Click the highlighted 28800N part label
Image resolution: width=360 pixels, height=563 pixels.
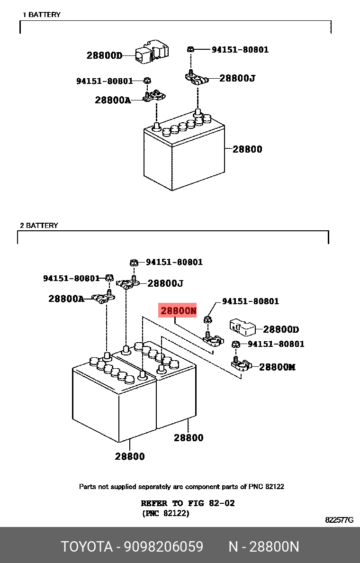click(x=178, y=310)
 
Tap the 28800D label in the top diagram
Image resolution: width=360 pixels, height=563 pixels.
click(x=104, y=55)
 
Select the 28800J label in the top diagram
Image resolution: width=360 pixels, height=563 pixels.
click(x=237, y=78)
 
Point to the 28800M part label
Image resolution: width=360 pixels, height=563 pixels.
click(x=277, y=367)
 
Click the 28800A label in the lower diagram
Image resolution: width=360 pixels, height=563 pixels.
click(x=66, y=299)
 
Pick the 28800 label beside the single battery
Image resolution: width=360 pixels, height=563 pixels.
click(x=247, y=149)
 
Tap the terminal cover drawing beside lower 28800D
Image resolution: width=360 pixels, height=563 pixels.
click(x=243, y=327)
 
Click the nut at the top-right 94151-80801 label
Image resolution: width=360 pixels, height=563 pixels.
click(x=191, y=49)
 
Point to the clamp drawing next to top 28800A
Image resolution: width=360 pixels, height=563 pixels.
click(x=154, y=96)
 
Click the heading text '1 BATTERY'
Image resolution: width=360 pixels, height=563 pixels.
click(x=42, y=15)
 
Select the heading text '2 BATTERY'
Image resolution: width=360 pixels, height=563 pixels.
click(x=39, y=226)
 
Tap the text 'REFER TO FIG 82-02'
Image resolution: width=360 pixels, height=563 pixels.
click(x=188, y=503)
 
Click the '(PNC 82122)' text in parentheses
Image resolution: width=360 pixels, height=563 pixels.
click(x=165, y=513)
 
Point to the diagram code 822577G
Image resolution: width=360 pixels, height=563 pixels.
click(x=339, y=520)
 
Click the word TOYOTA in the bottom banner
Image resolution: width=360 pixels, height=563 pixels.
click(x=87, y=547)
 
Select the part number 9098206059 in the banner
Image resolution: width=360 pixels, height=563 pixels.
click(x=164, y=547)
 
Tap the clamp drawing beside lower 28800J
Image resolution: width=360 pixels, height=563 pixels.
click(x=128, y=285)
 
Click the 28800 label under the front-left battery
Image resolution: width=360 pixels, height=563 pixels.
click(x=130, y=456)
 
